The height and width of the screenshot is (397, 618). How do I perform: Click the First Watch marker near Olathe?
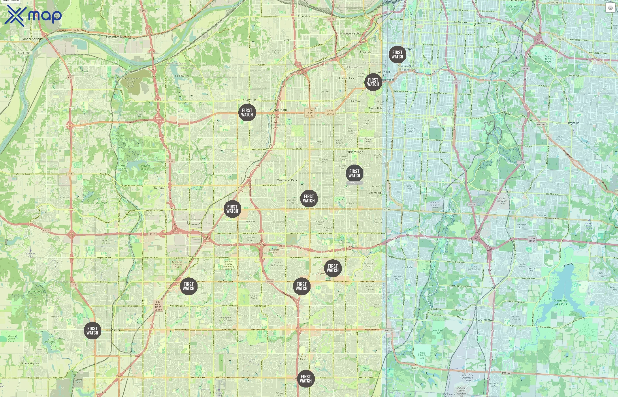(92, 330)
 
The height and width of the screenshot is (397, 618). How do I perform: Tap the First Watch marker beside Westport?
(397, 54)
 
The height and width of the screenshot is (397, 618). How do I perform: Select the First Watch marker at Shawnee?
(247, 113)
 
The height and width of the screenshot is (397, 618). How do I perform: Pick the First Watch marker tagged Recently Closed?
(354, 173)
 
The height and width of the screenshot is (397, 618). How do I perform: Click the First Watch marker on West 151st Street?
(306, 379)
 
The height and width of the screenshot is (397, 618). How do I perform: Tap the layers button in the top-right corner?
(610, 8)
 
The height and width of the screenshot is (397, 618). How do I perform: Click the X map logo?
(33, 15)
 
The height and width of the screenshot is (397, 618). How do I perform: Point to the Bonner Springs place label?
(32, 39)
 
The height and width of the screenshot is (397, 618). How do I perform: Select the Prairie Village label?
(354, 152)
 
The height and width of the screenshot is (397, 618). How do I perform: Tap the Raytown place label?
(573, 123)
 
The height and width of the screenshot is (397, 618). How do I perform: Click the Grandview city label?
(485, 320)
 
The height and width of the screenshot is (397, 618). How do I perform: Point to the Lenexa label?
(159, 188)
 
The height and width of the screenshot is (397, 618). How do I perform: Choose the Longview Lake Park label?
(560, 302)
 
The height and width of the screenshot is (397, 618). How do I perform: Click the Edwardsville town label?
(114, 37)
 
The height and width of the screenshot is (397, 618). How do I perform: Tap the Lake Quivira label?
(182, 76)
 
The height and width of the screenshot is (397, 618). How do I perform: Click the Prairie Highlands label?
(32, 363)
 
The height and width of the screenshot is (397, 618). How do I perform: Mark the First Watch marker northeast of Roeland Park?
(373, 82)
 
